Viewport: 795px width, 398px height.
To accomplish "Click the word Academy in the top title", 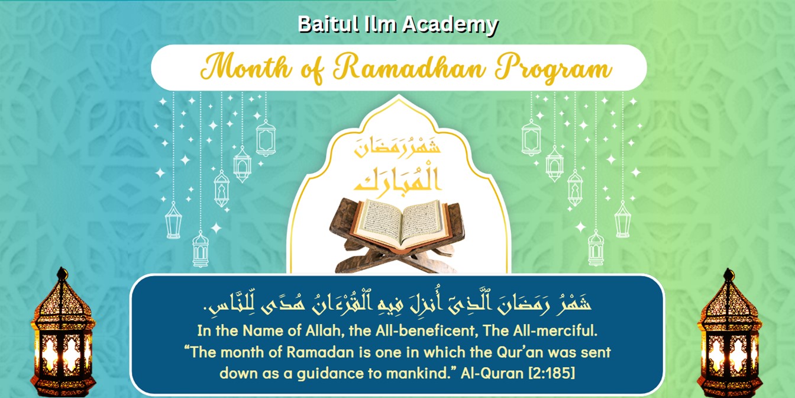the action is coord(450,25).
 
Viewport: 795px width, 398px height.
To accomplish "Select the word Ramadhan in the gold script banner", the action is coord(409,67).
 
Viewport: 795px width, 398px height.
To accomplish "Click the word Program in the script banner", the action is coord(554,69).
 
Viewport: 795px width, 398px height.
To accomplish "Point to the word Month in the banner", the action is coord(245,66).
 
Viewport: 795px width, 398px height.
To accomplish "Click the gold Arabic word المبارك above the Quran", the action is coord(397,179).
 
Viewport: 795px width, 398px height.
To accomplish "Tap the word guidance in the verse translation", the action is coord(331,374).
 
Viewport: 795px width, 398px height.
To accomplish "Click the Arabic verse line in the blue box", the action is coord(397,304).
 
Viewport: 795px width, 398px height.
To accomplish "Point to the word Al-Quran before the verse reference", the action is coord(492,373).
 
